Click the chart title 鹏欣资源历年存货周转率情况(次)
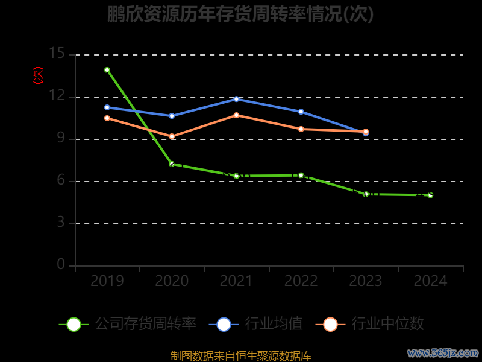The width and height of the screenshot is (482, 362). click(240, 14)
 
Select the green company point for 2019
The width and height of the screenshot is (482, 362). click(107, 70)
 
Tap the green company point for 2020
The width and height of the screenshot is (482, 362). click(172, 164)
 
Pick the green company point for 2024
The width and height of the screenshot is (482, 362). click(430, 195)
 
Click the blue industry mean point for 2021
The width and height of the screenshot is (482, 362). click(236, 99)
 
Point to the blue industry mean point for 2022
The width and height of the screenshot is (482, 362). click(301, 112)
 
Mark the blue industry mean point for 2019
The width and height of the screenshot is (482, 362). click(107, 107)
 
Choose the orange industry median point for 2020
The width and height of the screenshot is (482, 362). click(172, 136)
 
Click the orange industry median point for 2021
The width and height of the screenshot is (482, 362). click(236, 115)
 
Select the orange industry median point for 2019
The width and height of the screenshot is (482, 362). click(107, 118)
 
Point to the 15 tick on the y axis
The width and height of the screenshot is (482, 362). click(57, 54)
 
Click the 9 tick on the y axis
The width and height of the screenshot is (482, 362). click(60, 139)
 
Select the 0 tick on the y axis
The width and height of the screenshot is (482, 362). click(61, 265)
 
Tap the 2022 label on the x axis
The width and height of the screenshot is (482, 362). click(301, 281)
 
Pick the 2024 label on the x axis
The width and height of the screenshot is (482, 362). click(430, 281)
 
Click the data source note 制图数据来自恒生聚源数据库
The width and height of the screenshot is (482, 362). click(241, 356)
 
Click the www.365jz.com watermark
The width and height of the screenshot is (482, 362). click(443, 352)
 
